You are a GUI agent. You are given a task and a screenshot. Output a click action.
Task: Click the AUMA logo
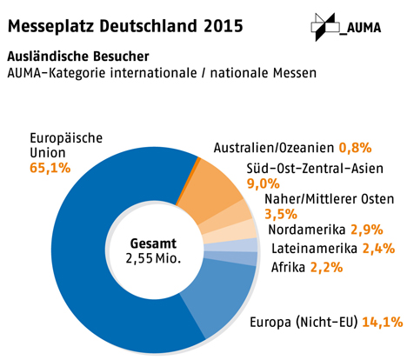(346, 27)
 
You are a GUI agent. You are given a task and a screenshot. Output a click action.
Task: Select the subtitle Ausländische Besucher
(78, 57)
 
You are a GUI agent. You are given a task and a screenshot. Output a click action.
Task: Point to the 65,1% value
(50, 168)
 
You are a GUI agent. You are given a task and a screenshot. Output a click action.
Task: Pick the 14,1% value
(383, 322)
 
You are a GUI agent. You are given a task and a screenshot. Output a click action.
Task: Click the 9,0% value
(264, 183)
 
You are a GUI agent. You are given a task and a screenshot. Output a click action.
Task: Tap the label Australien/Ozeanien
(274, 148)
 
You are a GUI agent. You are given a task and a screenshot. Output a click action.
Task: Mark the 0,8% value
(356, 148)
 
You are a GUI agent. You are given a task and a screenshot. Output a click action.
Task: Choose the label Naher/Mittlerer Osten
(330, 199)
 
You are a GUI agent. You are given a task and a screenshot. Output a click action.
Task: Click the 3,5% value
(281, 214)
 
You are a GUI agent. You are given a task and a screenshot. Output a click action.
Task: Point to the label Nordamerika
(307, 230)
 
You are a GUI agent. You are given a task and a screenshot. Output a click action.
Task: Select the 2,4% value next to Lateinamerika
(378, 249)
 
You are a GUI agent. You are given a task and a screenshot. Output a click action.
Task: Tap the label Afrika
(288, 268)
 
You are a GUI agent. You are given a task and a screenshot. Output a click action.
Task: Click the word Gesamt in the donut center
(153, 243)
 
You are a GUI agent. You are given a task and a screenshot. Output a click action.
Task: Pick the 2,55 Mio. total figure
(153, 258)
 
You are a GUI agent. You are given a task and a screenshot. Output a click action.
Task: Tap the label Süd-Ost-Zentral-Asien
(315, 169)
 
